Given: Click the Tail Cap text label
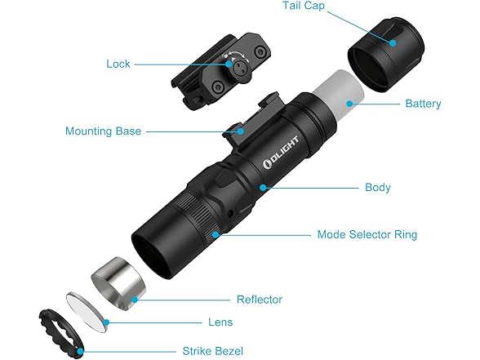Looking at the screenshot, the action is click(303, 6).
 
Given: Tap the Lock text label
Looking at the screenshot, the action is click(118, 64).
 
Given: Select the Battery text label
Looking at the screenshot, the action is click(423, 104).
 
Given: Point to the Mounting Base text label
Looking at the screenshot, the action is click(103, 131).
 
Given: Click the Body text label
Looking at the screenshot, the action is click(377, 188).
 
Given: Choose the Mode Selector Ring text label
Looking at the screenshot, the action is click(367, 234).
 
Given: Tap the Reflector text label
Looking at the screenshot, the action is click(260, 300).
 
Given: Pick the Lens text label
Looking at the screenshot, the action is click(220, 322).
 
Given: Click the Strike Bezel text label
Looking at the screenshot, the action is click(213, 351).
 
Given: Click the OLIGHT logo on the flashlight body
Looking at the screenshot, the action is click(281, 153).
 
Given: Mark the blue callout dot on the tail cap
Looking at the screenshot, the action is click(393, 43).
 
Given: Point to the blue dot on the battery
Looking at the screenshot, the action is click(349, 104).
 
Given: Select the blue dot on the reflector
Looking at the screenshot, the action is click(135, 300).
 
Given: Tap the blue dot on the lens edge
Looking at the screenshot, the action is click(106, 322).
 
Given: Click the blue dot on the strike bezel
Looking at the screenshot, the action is click(80, 351).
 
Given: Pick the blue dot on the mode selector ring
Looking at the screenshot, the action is click(216, 235).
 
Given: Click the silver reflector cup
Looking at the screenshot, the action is click(118, 284).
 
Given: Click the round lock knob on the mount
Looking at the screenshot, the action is click(239, 68).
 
